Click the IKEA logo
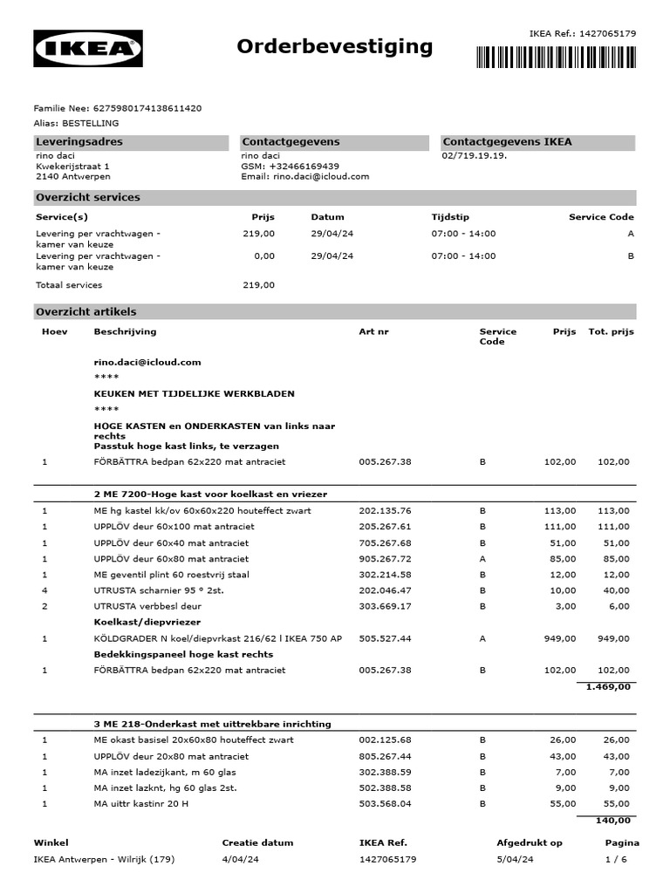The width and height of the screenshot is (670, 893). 88,49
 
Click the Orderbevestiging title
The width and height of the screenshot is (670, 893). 335,46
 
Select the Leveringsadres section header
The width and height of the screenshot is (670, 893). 79,142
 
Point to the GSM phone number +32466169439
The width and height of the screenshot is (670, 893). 304,166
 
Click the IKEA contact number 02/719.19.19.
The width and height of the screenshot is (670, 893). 475,155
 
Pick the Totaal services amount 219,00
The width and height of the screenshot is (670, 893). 258,285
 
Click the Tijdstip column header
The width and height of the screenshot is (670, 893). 450,217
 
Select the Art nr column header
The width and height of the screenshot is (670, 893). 374,331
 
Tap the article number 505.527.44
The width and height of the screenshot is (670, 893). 385,638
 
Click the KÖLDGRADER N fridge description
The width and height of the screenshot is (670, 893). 217,638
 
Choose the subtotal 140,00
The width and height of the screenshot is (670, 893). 612,820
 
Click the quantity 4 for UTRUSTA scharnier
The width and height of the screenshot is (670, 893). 44,590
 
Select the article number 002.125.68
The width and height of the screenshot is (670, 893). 385,740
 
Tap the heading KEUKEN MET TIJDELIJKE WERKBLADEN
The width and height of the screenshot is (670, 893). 195,394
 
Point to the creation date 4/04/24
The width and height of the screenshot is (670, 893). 241,859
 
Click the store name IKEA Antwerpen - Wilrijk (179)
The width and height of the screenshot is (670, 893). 105,859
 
